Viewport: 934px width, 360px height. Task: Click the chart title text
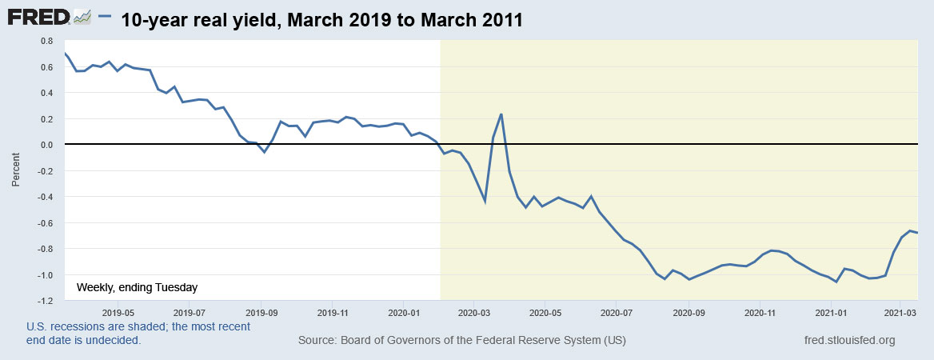[x=321, y=20]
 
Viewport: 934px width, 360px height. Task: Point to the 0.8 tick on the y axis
[x=47, y=40]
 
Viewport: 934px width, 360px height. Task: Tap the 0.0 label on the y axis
[x=47, y=145]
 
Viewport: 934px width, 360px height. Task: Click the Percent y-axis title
[x=16, y=170]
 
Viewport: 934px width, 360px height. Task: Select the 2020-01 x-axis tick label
[x=405, y=314]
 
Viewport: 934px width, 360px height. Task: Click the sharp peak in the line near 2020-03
[x=501, y=114]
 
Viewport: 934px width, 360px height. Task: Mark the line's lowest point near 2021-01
[x=836, y=282]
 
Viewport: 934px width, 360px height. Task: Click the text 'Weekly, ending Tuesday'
[x=137, y=287]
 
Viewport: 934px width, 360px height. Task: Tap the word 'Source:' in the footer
[x=318, y=340]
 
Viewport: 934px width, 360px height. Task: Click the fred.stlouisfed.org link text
[x=849, y=340]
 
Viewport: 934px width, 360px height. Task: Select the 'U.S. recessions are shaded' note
[x=138, y=326]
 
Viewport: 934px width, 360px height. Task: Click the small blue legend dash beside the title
[x=104, y=18]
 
